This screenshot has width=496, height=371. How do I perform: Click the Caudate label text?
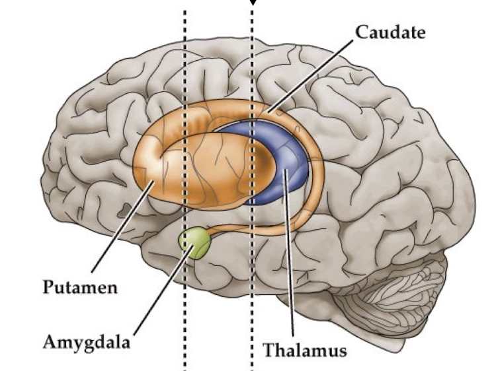tap(391, 32)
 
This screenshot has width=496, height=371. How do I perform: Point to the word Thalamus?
tap(305, 349)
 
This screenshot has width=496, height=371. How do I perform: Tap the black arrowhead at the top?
tap(252, 3)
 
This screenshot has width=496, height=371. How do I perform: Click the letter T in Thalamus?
tap(269, 349)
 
